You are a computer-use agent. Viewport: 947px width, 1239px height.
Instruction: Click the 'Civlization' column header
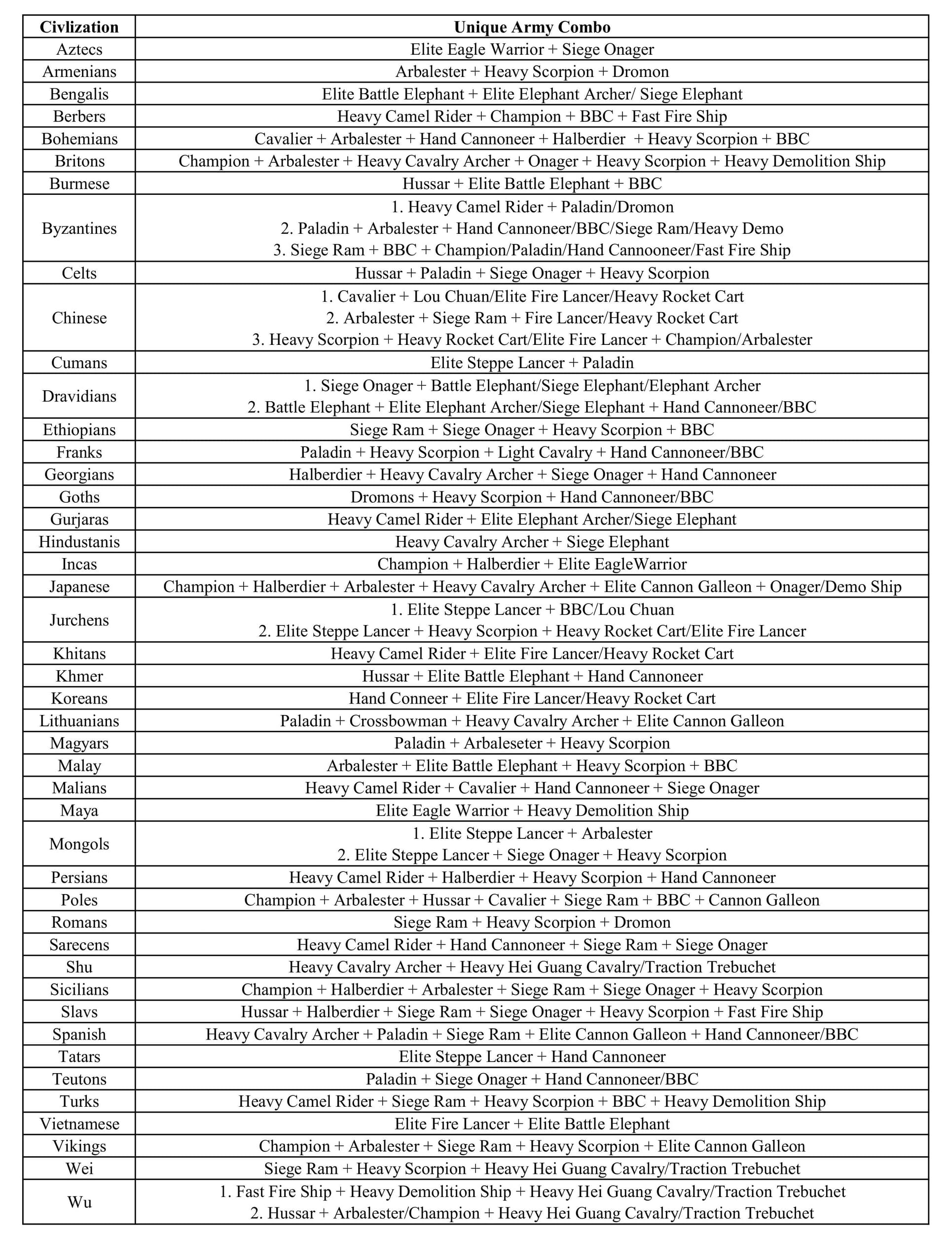[x=79, y=27]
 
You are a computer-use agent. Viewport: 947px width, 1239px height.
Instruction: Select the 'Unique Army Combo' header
[x=532, y=27]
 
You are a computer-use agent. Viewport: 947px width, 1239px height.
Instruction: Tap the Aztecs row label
[x=79, y=49]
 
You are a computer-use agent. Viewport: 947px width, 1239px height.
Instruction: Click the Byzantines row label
[x=79, y=228]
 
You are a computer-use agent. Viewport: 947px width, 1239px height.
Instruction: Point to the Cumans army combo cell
[x=532, y=363]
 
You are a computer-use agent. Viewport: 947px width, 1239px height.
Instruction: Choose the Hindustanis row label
[x=79, y=542]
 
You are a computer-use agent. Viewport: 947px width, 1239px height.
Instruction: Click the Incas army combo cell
[x=532, y=564]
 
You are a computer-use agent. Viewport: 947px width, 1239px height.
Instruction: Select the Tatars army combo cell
[x=532, y=1057]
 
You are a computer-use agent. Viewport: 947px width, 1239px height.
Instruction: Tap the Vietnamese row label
[x=79, y=1124]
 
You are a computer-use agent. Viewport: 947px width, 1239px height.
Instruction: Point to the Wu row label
[x=79, y=1202]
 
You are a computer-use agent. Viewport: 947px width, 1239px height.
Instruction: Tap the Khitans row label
[x=79, y=654]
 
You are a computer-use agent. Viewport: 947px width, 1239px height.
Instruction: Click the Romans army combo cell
[x=532, y=923]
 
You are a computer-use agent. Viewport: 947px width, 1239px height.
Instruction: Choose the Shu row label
[x=79, y=967]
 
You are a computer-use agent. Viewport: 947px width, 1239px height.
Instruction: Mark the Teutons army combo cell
[x=532, y=1080]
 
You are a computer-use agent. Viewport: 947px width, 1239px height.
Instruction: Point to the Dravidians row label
[x=79, y=396]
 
